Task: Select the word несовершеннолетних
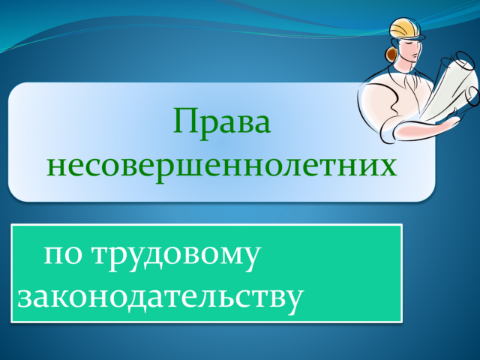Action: coord(222,166)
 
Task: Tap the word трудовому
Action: coord(177,256)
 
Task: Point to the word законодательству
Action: coord(160,298)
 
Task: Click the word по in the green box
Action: coord(63,255)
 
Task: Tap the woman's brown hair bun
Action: coord(391,54)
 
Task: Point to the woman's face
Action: coord(412,49)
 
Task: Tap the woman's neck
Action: coord(403,65)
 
